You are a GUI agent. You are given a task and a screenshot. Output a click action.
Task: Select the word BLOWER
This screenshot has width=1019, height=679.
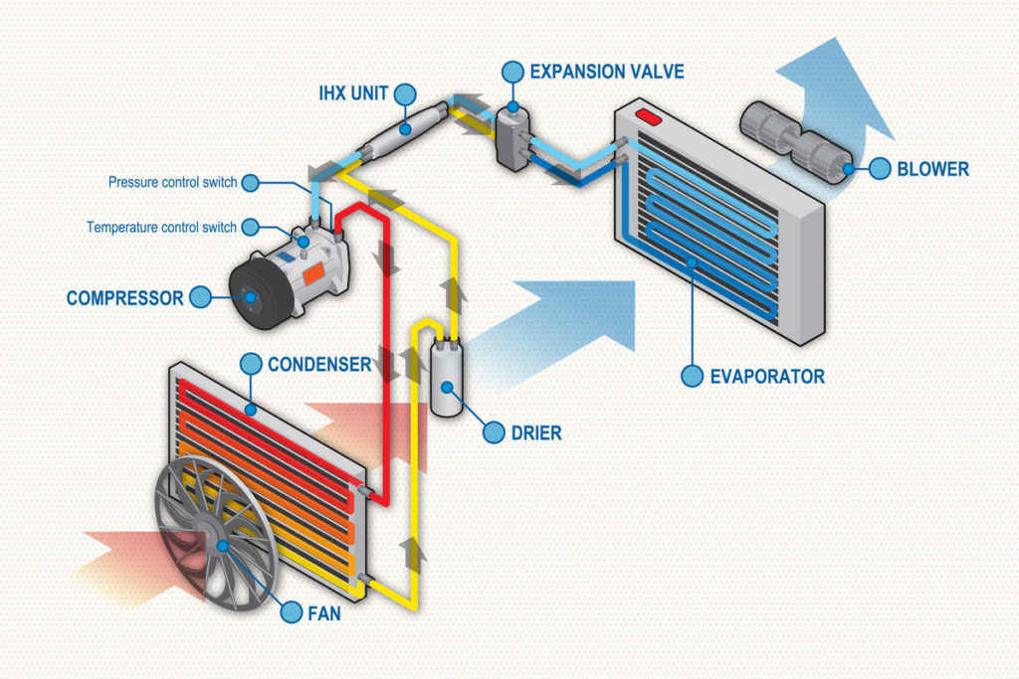[x=932, y=169]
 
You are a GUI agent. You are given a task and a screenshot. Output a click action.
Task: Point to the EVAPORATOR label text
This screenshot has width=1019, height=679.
[x=766, y=377]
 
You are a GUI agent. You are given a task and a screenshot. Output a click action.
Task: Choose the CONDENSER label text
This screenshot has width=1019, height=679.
[x=318, y=364]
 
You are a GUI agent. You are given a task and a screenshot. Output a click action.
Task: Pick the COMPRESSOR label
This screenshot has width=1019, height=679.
[x=124, y=297]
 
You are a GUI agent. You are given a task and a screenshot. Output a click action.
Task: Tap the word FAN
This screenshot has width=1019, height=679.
[x=324, y=613]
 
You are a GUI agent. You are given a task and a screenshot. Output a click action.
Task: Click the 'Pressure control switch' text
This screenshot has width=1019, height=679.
[x=172, y=183]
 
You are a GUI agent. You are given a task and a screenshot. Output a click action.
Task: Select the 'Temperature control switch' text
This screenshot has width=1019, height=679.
[x=162, y=227]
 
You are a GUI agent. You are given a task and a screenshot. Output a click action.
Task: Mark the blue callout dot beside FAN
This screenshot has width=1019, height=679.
[x=291, y=612]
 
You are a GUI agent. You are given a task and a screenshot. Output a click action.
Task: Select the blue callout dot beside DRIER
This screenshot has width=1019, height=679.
[x=495, y=432]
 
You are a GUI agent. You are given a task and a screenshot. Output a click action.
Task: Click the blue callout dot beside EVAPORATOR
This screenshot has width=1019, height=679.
[x=692, y=376]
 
